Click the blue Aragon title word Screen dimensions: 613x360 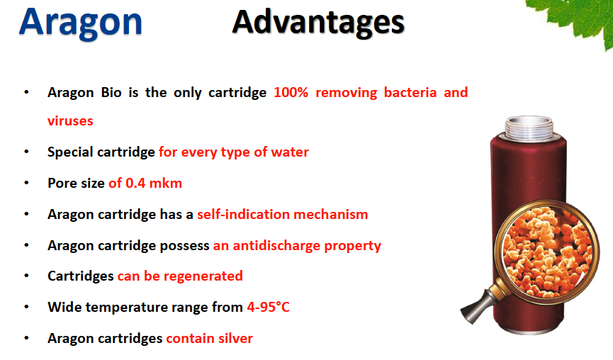(81, 23)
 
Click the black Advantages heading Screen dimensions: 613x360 (318, 23)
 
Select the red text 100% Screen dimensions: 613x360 (291, 93)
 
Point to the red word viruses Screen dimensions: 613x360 (70, 120)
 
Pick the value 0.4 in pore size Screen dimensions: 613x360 (135, 183)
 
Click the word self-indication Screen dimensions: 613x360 (243, 214)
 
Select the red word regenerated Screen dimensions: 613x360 (203, 276)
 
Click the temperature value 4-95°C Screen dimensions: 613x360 (268, 308)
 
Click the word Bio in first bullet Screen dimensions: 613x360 (111, 93)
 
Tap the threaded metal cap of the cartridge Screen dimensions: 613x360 (529, 128)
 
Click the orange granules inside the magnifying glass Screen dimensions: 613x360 (546, 252)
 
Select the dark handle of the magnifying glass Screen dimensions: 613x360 (476, 306)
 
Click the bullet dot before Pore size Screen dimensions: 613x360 (27, 183)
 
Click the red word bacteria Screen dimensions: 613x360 (410, 93)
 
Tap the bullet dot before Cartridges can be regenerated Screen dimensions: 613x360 (27, 276)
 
